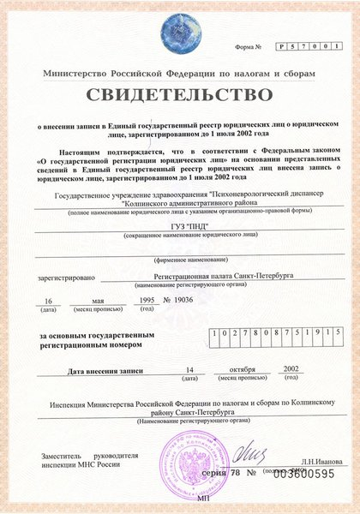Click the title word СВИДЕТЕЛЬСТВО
click(180, 91)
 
